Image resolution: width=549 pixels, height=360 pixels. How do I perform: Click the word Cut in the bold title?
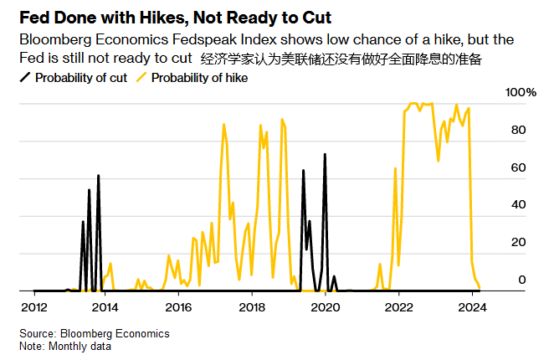click(x=310, y=17)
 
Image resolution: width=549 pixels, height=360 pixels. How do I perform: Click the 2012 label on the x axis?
click(x=33, y=307)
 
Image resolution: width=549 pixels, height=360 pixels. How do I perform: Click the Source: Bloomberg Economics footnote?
click(x=95, y=333)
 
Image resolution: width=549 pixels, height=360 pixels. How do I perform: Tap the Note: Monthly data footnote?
click(x=65, y=346)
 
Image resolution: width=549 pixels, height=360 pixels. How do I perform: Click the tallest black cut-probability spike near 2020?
click(x=325, y=156)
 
